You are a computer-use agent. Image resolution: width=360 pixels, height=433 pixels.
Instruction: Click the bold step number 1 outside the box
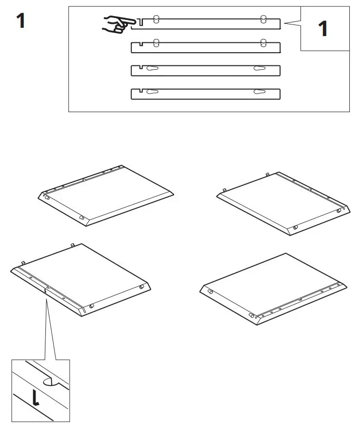[x=20, y=21]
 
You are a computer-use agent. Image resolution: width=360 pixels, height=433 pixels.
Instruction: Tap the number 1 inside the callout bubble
[x=322, y=29]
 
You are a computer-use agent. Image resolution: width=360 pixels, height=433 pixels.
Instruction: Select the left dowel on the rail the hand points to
[x=156, y=19]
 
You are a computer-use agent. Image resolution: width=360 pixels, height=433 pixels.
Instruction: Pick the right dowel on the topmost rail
[x=263, y=19]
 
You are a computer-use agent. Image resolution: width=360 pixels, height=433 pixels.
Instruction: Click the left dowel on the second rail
[x=156, y=42]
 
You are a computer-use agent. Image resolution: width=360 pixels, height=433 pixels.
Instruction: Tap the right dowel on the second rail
[x=263, y=42]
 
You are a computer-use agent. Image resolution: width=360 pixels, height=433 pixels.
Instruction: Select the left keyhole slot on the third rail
[x=153, y=68]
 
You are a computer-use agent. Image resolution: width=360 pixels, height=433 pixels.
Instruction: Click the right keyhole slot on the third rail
[x=259, y=68]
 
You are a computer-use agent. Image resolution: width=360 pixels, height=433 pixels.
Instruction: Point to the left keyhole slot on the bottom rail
[x=153, y=91]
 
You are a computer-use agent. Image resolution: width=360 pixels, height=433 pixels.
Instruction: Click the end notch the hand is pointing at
[x=140, y=22]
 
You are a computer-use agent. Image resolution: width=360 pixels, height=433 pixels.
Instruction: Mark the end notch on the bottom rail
[x=140, y=91]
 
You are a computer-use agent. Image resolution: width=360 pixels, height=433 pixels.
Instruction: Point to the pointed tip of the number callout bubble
[x=285, y=23]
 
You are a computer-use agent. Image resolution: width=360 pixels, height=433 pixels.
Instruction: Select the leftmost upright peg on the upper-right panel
[x=224, y=190]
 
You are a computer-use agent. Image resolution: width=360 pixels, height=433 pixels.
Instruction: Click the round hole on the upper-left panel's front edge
[x=81, y=217]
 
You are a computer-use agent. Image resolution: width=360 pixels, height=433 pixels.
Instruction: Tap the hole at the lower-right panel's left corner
[x=210, y=291]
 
